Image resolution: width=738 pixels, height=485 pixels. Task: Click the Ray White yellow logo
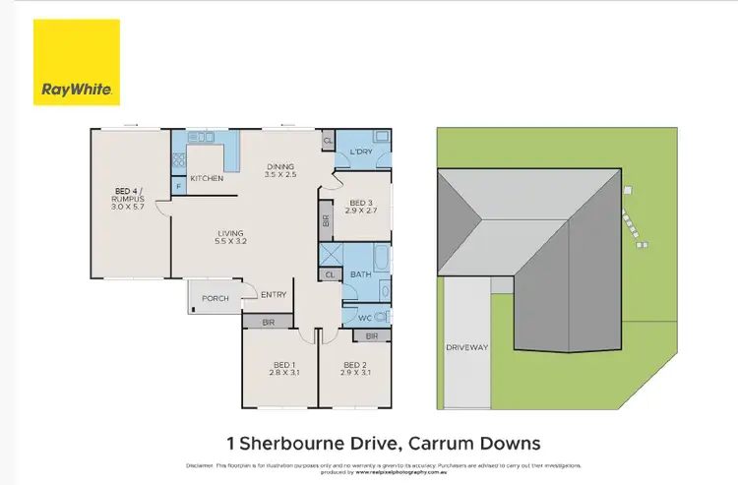click(78, 62)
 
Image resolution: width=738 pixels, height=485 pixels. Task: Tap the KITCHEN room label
click(206, 178)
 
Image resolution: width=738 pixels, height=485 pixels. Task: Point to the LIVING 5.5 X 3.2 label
click(231, 237)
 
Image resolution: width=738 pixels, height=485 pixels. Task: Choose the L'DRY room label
click(361, 152)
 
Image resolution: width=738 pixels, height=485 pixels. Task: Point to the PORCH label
click(215, 298)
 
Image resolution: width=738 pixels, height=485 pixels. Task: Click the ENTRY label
click(274, 294)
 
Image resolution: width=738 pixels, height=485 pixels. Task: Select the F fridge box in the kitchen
click(178, 184)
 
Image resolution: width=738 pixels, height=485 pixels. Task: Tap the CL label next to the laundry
click(327, 143)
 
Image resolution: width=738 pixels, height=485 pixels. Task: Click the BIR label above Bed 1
click(268, 321)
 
